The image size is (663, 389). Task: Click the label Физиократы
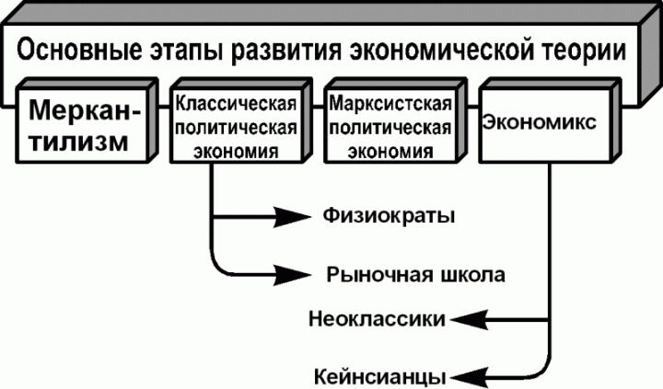pyautogui.click(x=390, y=217)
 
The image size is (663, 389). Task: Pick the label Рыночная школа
pyautogui.click(x=416, y=274)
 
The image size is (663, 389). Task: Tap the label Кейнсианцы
pyautogui.click(x=380, y=376)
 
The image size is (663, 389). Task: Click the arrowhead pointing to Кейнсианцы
pyautogui.click(x=471, y=375)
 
